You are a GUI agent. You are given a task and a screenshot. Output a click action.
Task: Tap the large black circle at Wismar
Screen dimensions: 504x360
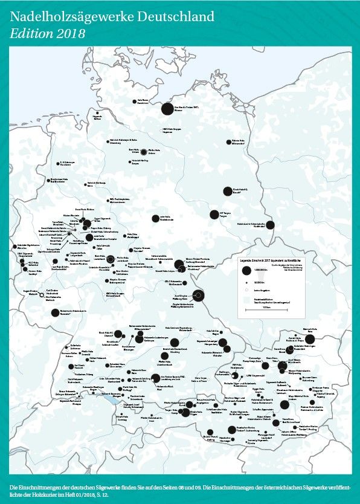(x=167, y=109)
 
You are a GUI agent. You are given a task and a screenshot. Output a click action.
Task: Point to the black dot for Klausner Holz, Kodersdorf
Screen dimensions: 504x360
(x=270, y=225)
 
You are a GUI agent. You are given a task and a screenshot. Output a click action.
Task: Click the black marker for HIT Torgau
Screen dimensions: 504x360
(x=213, y=214)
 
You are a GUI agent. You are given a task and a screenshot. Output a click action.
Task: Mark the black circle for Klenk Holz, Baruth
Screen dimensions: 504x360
(x=227, y=192)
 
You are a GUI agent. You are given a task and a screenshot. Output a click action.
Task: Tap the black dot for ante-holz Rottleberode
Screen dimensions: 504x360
(x=153, y=218)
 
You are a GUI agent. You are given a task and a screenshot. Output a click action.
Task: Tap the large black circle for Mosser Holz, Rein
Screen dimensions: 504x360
(x=310, y=339)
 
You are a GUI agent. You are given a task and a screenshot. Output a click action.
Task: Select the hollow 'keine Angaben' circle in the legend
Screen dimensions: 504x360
(x=248, y=290)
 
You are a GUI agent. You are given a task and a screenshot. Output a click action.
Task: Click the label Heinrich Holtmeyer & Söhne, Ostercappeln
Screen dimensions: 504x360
(x=124, y=143)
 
